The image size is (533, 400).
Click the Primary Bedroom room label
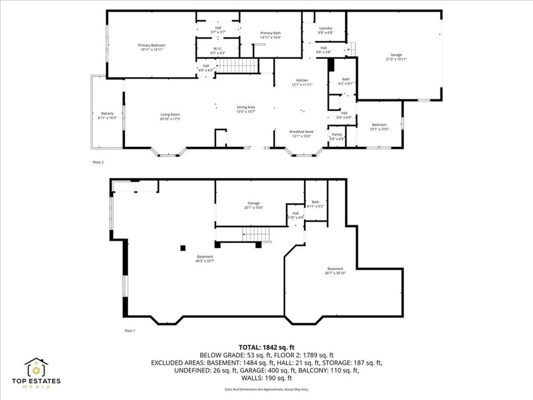click(152, 45)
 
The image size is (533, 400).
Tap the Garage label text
click(396, 55)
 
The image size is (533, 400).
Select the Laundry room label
click(326, 28)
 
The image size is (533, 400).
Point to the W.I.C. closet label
click(218, 49)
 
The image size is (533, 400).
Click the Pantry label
click(337, 135)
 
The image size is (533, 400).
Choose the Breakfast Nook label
click(301, 132)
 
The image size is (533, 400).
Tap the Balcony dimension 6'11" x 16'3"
click(107, 118)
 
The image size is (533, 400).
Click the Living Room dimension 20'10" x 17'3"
click(170, 119)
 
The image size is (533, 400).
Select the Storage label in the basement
click(253, 203)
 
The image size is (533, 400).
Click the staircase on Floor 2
click(237, 66)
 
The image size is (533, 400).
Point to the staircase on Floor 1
click(256, 234)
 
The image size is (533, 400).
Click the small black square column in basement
click(183, 248)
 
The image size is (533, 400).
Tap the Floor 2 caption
click(98, 162)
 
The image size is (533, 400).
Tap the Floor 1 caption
click(130, 331)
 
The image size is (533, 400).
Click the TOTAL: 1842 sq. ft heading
click(266, 347)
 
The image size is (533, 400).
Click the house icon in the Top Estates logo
click(36, 367)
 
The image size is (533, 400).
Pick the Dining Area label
click(246, 107)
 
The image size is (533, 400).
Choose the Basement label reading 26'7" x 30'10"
click(335, 271)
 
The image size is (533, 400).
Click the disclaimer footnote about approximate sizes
click(266, 390)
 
